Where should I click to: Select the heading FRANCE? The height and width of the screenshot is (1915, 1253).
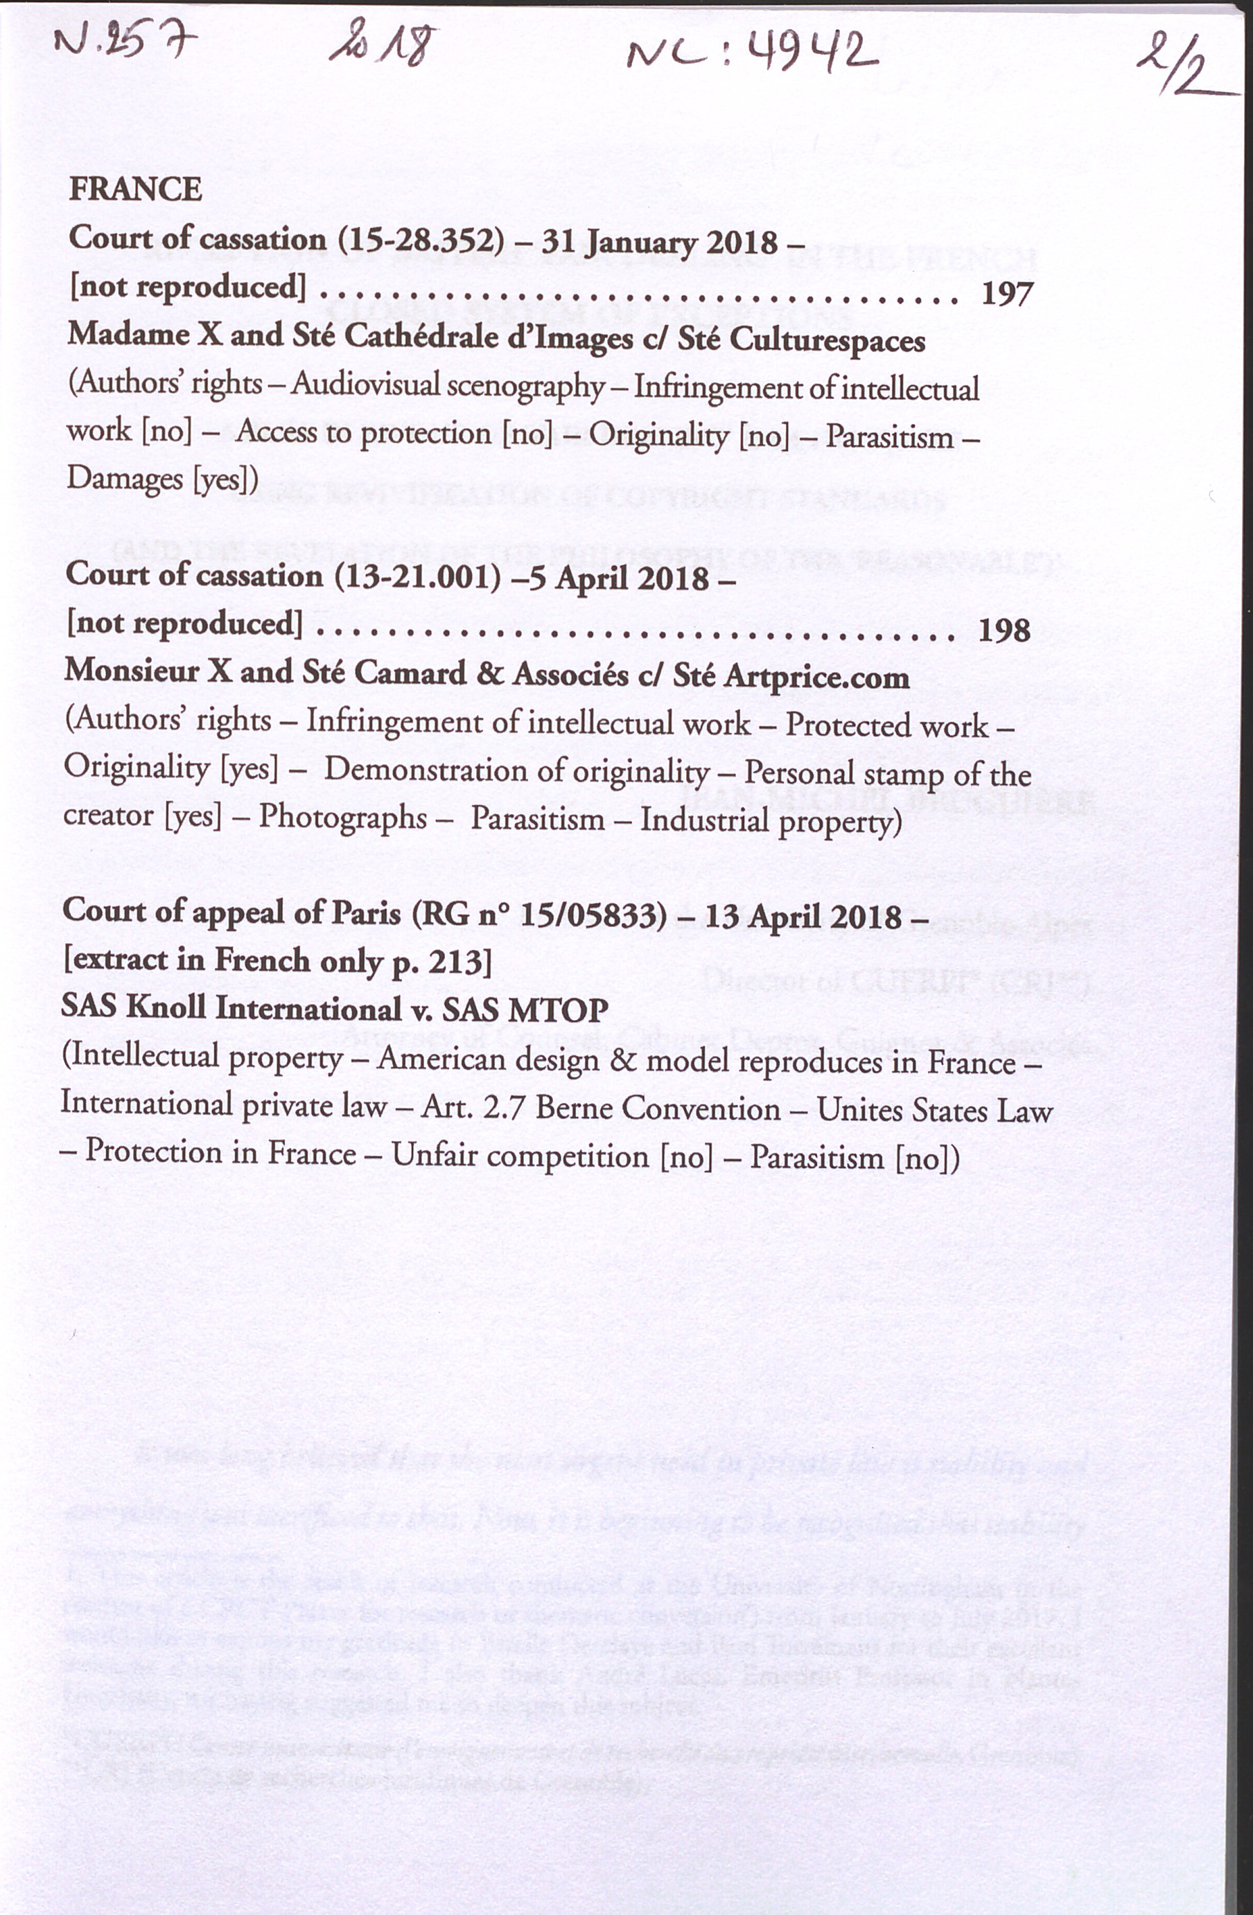point(135,190)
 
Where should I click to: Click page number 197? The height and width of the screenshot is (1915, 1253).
point(1007,294)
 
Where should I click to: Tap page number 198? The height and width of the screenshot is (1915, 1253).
point(1004,630)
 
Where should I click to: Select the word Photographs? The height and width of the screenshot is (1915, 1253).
point(343,818)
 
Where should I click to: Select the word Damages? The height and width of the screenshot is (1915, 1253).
point(125,478)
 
